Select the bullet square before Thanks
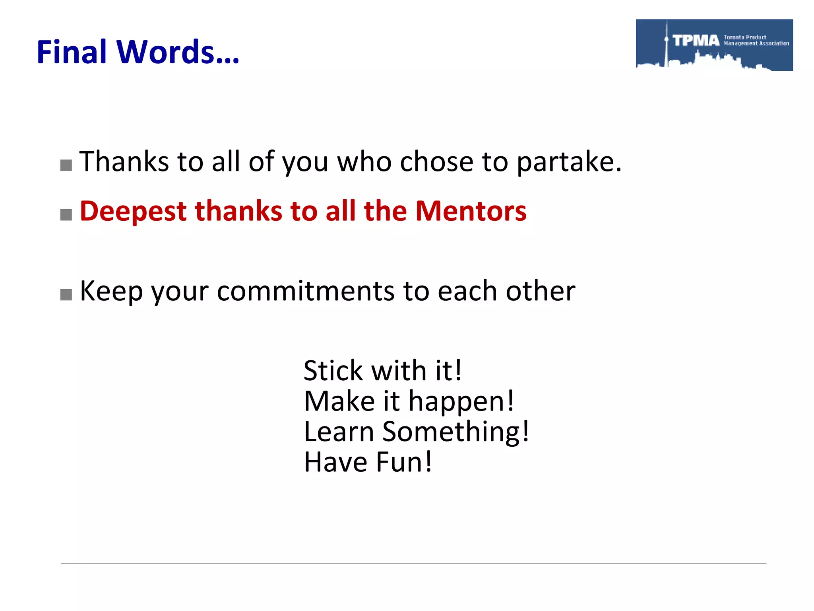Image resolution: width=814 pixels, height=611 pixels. point(66,165)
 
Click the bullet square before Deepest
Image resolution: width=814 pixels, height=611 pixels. point(66,215)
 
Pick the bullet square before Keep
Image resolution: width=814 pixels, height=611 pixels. point(66,295)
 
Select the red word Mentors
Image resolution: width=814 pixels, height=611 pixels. point(471,211)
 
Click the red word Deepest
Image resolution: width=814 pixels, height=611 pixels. point(133,212)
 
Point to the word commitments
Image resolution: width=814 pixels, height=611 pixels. point(306,291)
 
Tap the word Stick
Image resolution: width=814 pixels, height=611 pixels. point(333,371)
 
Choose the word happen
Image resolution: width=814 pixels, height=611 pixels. point(461,402)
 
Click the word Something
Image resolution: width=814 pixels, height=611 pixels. point(455,432)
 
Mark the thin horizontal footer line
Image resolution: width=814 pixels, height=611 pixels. point(413,563)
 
